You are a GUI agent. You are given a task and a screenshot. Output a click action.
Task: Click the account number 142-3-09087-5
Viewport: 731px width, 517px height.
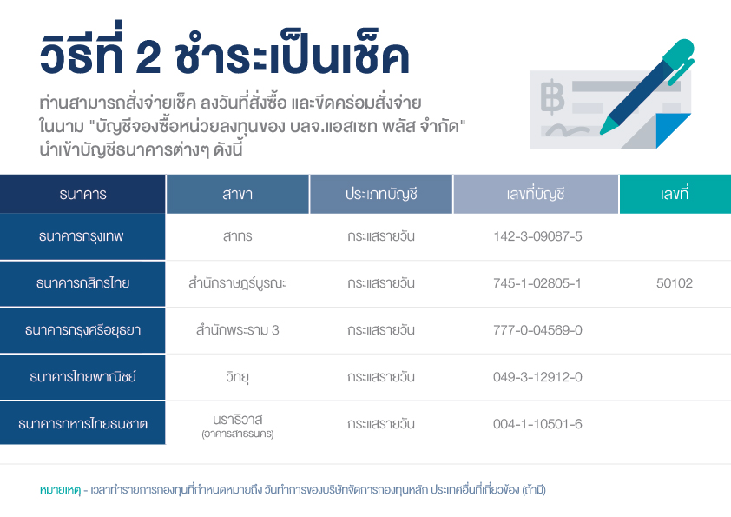pos(537,236)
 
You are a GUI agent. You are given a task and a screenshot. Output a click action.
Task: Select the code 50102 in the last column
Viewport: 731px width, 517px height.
pos(674,283)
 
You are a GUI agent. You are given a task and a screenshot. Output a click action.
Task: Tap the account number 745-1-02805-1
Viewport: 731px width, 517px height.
pos(537,283)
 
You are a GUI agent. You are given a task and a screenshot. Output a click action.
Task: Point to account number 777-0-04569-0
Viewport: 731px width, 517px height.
pos(537,330)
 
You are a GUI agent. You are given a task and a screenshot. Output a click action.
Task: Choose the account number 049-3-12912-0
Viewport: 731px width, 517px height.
pos(537,377)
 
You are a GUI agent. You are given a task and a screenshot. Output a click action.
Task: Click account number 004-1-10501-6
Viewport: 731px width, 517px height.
pos(537,424)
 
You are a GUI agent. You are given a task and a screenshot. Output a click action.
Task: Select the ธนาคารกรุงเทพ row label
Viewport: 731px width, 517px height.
pos(81,236)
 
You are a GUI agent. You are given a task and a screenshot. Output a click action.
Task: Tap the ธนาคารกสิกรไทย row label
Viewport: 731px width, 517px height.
pos(83,283)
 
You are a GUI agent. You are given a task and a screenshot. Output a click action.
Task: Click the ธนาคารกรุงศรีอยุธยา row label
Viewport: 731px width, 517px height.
pos(83,330)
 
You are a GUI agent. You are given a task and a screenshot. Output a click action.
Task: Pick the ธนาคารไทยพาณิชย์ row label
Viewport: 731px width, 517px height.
pos(83,376)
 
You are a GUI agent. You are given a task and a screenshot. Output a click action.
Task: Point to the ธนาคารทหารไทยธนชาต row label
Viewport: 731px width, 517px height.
pos(83,424)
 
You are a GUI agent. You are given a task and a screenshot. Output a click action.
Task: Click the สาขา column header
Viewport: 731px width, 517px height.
pos(238,194)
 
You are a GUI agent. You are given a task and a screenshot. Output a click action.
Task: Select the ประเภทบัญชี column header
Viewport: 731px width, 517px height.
pos(381,194)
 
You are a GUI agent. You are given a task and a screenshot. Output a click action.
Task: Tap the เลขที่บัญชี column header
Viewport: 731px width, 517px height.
pos(536,194)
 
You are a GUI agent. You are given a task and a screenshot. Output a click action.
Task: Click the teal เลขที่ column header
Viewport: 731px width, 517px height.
pos(674,193)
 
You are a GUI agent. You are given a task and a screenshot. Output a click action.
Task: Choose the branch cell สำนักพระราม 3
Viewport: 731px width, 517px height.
pos(238,330)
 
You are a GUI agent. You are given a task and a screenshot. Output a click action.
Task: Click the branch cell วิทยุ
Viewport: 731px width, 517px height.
pos(238,376)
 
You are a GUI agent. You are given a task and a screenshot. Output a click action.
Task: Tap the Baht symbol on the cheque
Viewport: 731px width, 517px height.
pos(552,97)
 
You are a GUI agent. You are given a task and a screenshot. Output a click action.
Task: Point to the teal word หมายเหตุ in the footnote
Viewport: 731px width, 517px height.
pos(60,490)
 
